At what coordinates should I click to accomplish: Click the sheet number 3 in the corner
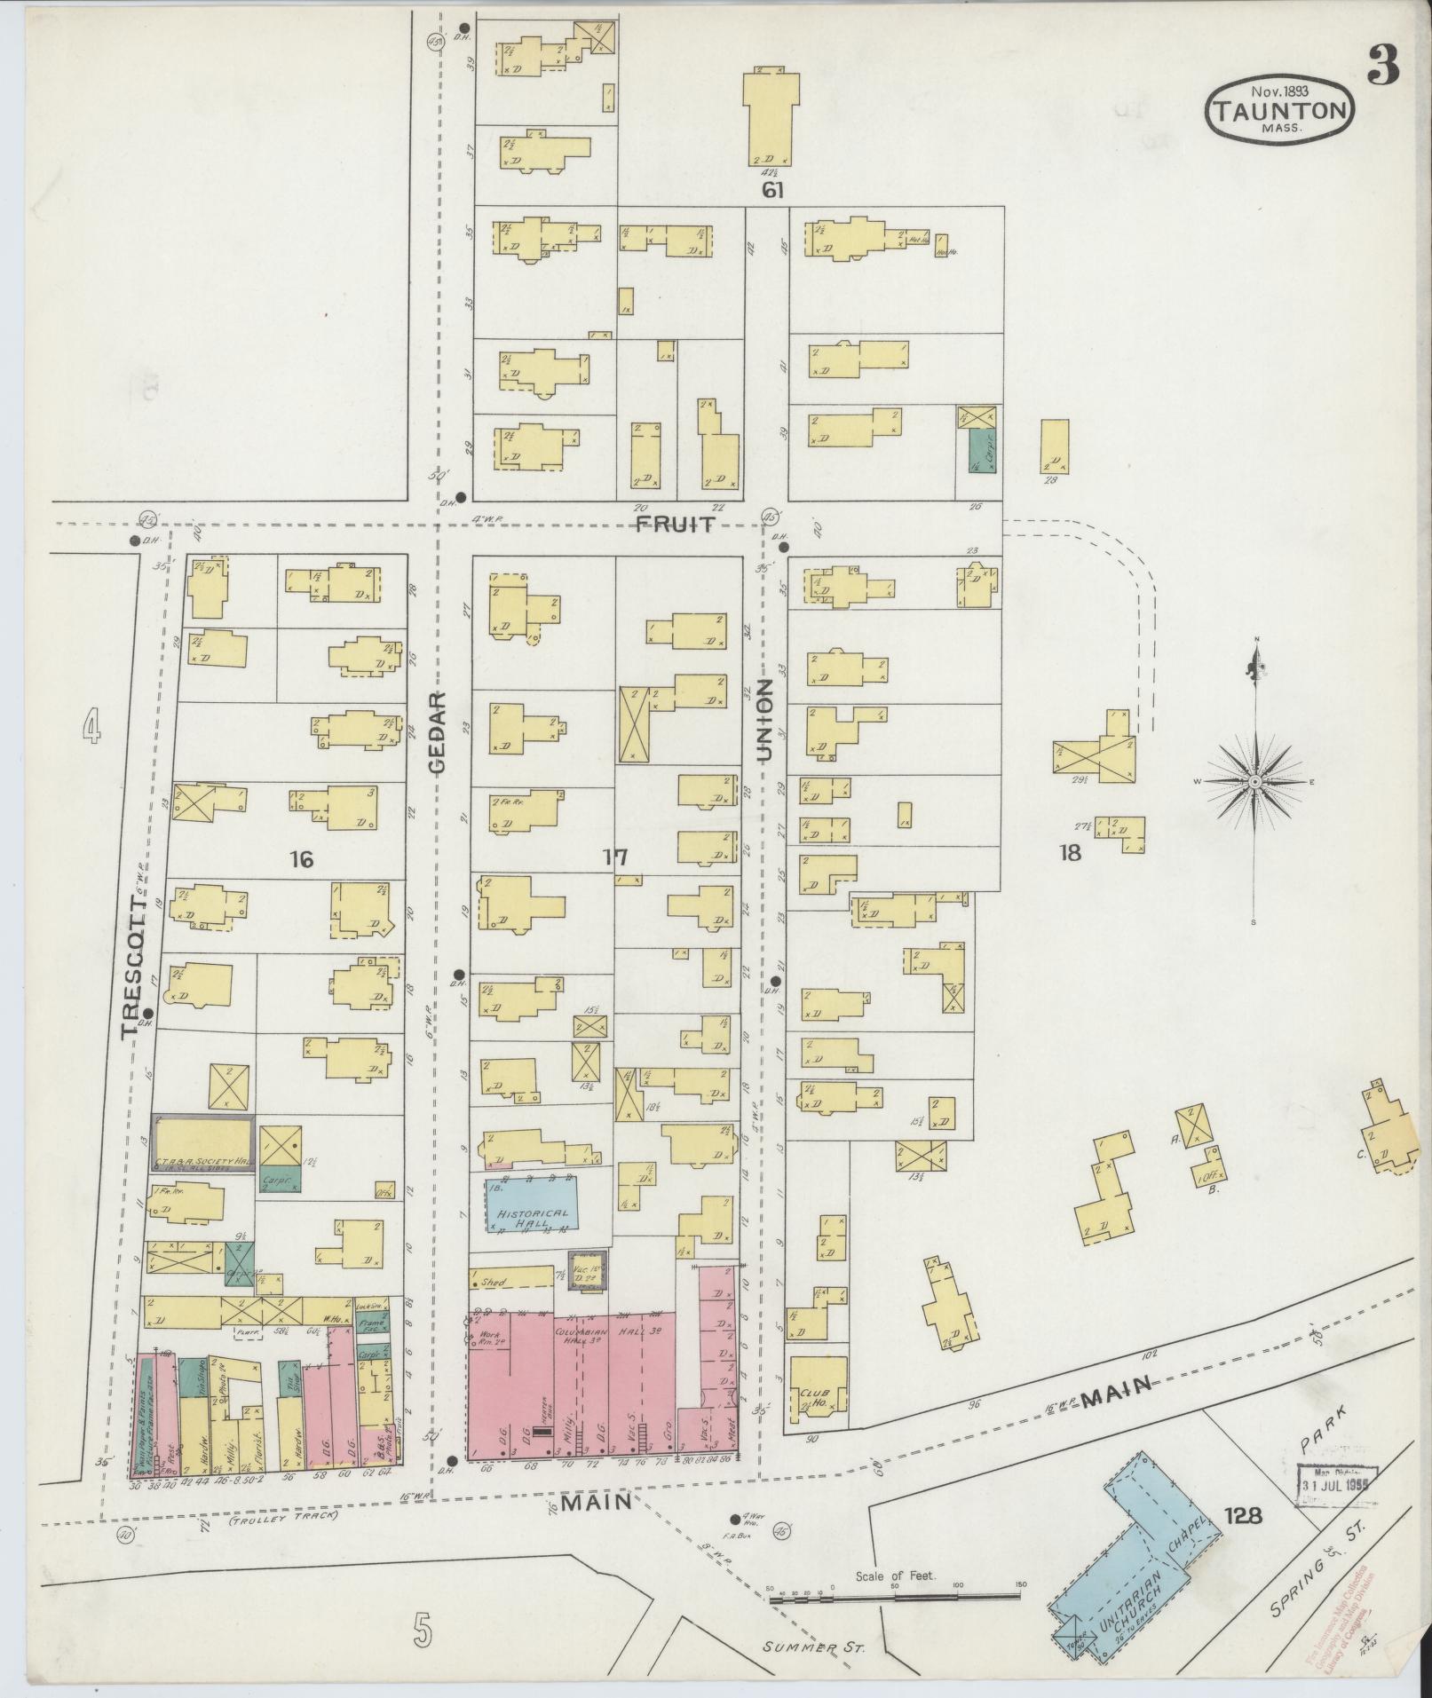click(1384, 65)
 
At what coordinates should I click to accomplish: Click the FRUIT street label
click(675, 525)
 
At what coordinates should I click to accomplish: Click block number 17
click(615, 857)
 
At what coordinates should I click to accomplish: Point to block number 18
click(1071, 854)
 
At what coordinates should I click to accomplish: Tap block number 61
click(772, 190)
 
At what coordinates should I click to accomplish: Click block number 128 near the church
click(1241, 1516)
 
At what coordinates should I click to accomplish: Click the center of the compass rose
click(1255, 781)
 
